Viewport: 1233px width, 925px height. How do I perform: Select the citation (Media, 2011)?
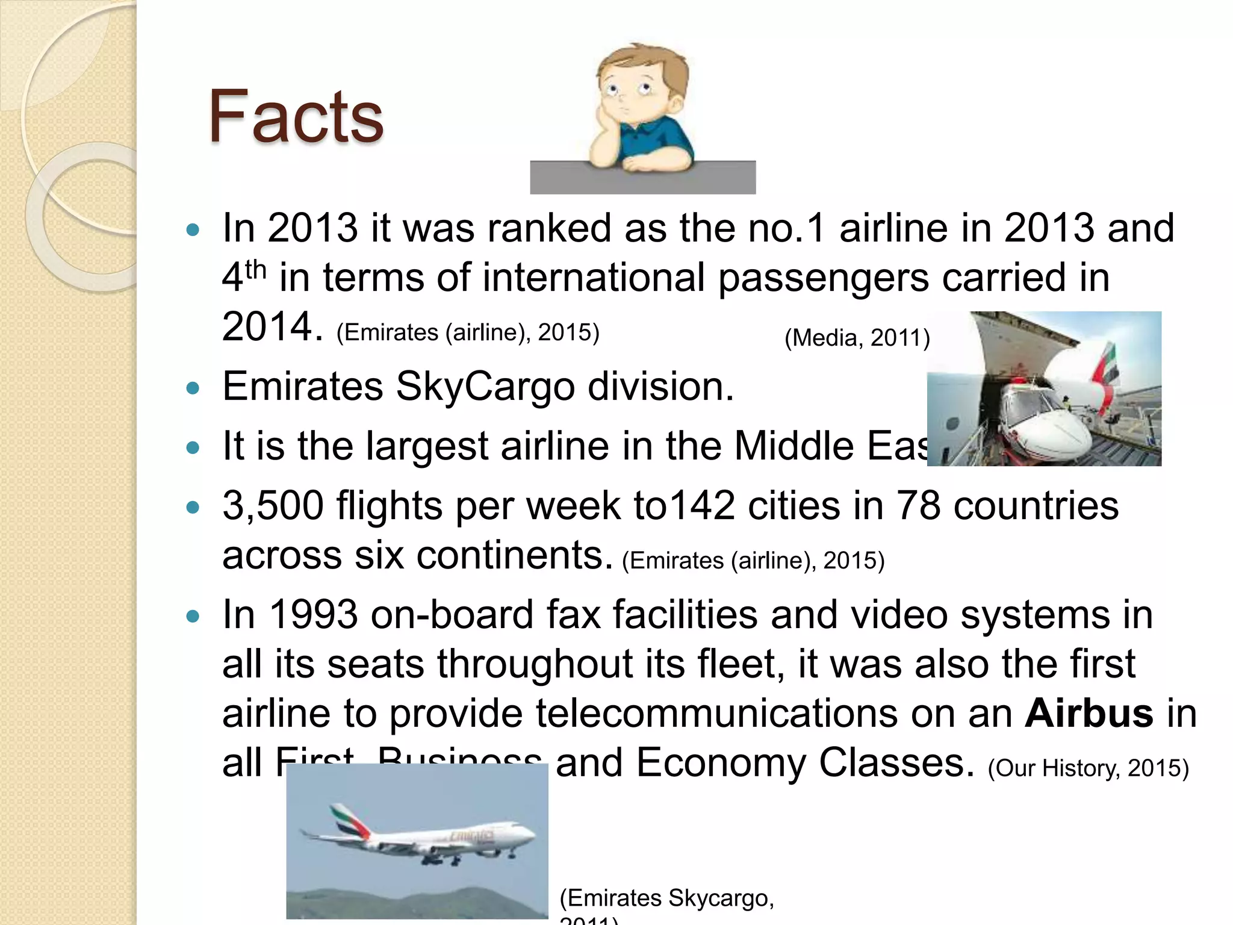[x=857, y=338]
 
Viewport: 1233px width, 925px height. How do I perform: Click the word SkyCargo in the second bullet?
[x=485, y=386]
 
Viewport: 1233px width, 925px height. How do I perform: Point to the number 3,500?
[x=273, y=505]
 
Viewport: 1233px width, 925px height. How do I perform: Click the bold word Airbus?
[x=1089, y=713]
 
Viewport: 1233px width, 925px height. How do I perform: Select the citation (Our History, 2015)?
[x=1088, y=768]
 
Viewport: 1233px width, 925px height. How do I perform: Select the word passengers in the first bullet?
[x=823, y=278]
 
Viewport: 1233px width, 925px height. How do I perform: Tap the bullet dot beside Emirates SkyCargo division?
[x=193, y=388]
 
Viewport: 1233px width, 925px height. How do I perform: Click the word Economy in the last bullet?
[x=718, y=763]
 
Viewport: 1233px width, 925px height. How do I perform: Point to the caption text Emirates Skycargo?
[x=666, y=898]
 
